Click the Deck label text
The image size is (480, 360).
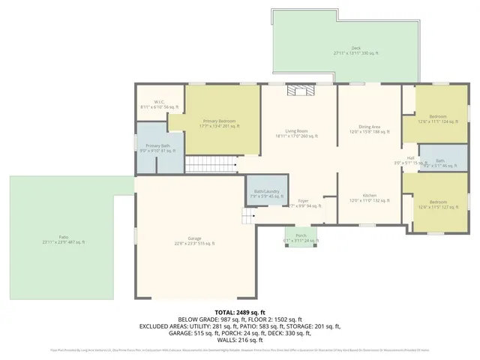[x=345, y=49]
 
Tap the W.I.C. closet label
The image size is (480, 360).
[x=159, y=105]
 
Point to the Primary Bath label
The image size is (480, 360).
[x=157, y=148]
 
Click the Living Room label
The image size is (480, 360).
[x=297, y=133]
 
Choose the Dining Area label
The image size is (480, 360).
[x=369, y=130]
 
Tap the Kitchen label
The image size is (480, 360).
[x=369, y=197]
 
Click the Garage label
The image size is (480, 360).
[x=194, y=240]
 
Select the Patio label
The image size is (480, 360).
[x=63, y=240]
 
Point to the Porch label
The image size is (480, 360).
[x=301, y=238]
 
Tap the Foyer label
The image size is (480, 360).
[x=303, y=202]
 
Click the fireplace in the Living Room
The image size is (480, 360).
[x=298, y=91]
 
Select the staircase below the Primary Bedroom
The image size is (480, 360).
[x=210, y=163]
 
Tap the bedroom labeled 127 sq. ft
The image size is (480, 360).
[x=438, y=203]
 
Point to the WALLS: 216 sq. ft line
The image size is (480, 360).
[x=240, y=334]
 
